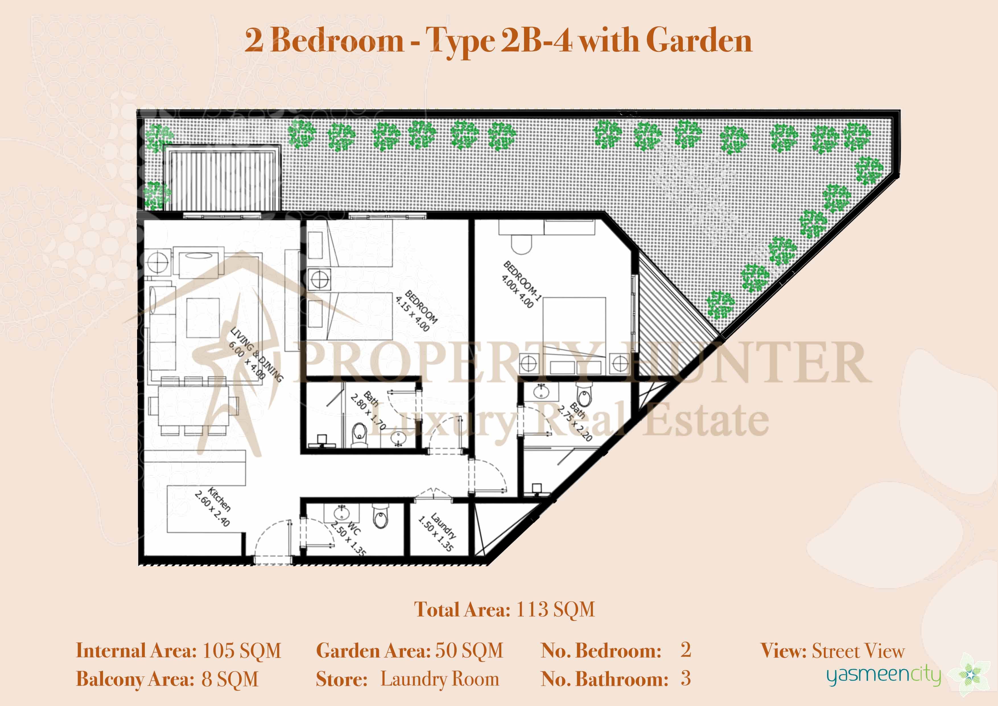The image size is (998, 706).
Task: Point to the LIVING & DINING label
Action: point(257,354)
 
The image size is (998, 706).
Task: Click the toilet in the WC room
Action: point(380,517)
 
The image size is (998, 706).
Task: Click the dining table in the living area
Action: point(193,406)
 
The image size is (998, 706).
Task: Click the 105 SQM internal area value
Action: point(242,651)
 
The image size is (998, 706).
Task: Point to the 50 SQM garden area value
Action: point(469,651)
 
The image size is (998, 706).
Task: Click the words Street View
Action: point(858,651)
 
